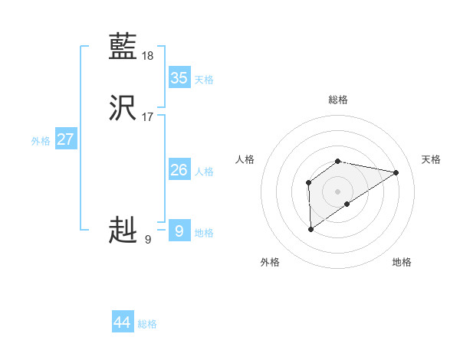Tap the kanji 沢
pos(123,109)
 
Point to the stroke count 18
pos(148,56)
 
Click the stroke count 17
pos(148,117)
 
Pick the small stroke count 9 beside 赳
pos(147,240)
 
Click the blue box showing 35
pos(179,78)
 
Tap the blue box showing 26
pos(179,170)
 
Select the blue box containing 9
pos(179,231)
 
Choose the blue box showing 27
pos(66,139)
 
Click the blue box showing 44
pos(122,322)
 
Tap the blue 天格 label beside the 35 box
pos(204,80)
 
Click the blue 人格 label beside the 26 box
pos(204,172)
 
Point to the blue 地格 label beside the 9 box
pos(204,233)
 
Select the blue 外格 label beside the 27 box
pos(41,141)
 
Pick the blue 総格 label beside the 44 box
pos(147,324)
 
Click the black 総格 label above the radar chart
pos(338,100)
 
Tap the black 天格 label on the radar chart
pos(431,159)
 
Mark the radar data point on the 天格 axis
pos(396,172)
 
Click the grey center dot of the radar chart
pos(338,191)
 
